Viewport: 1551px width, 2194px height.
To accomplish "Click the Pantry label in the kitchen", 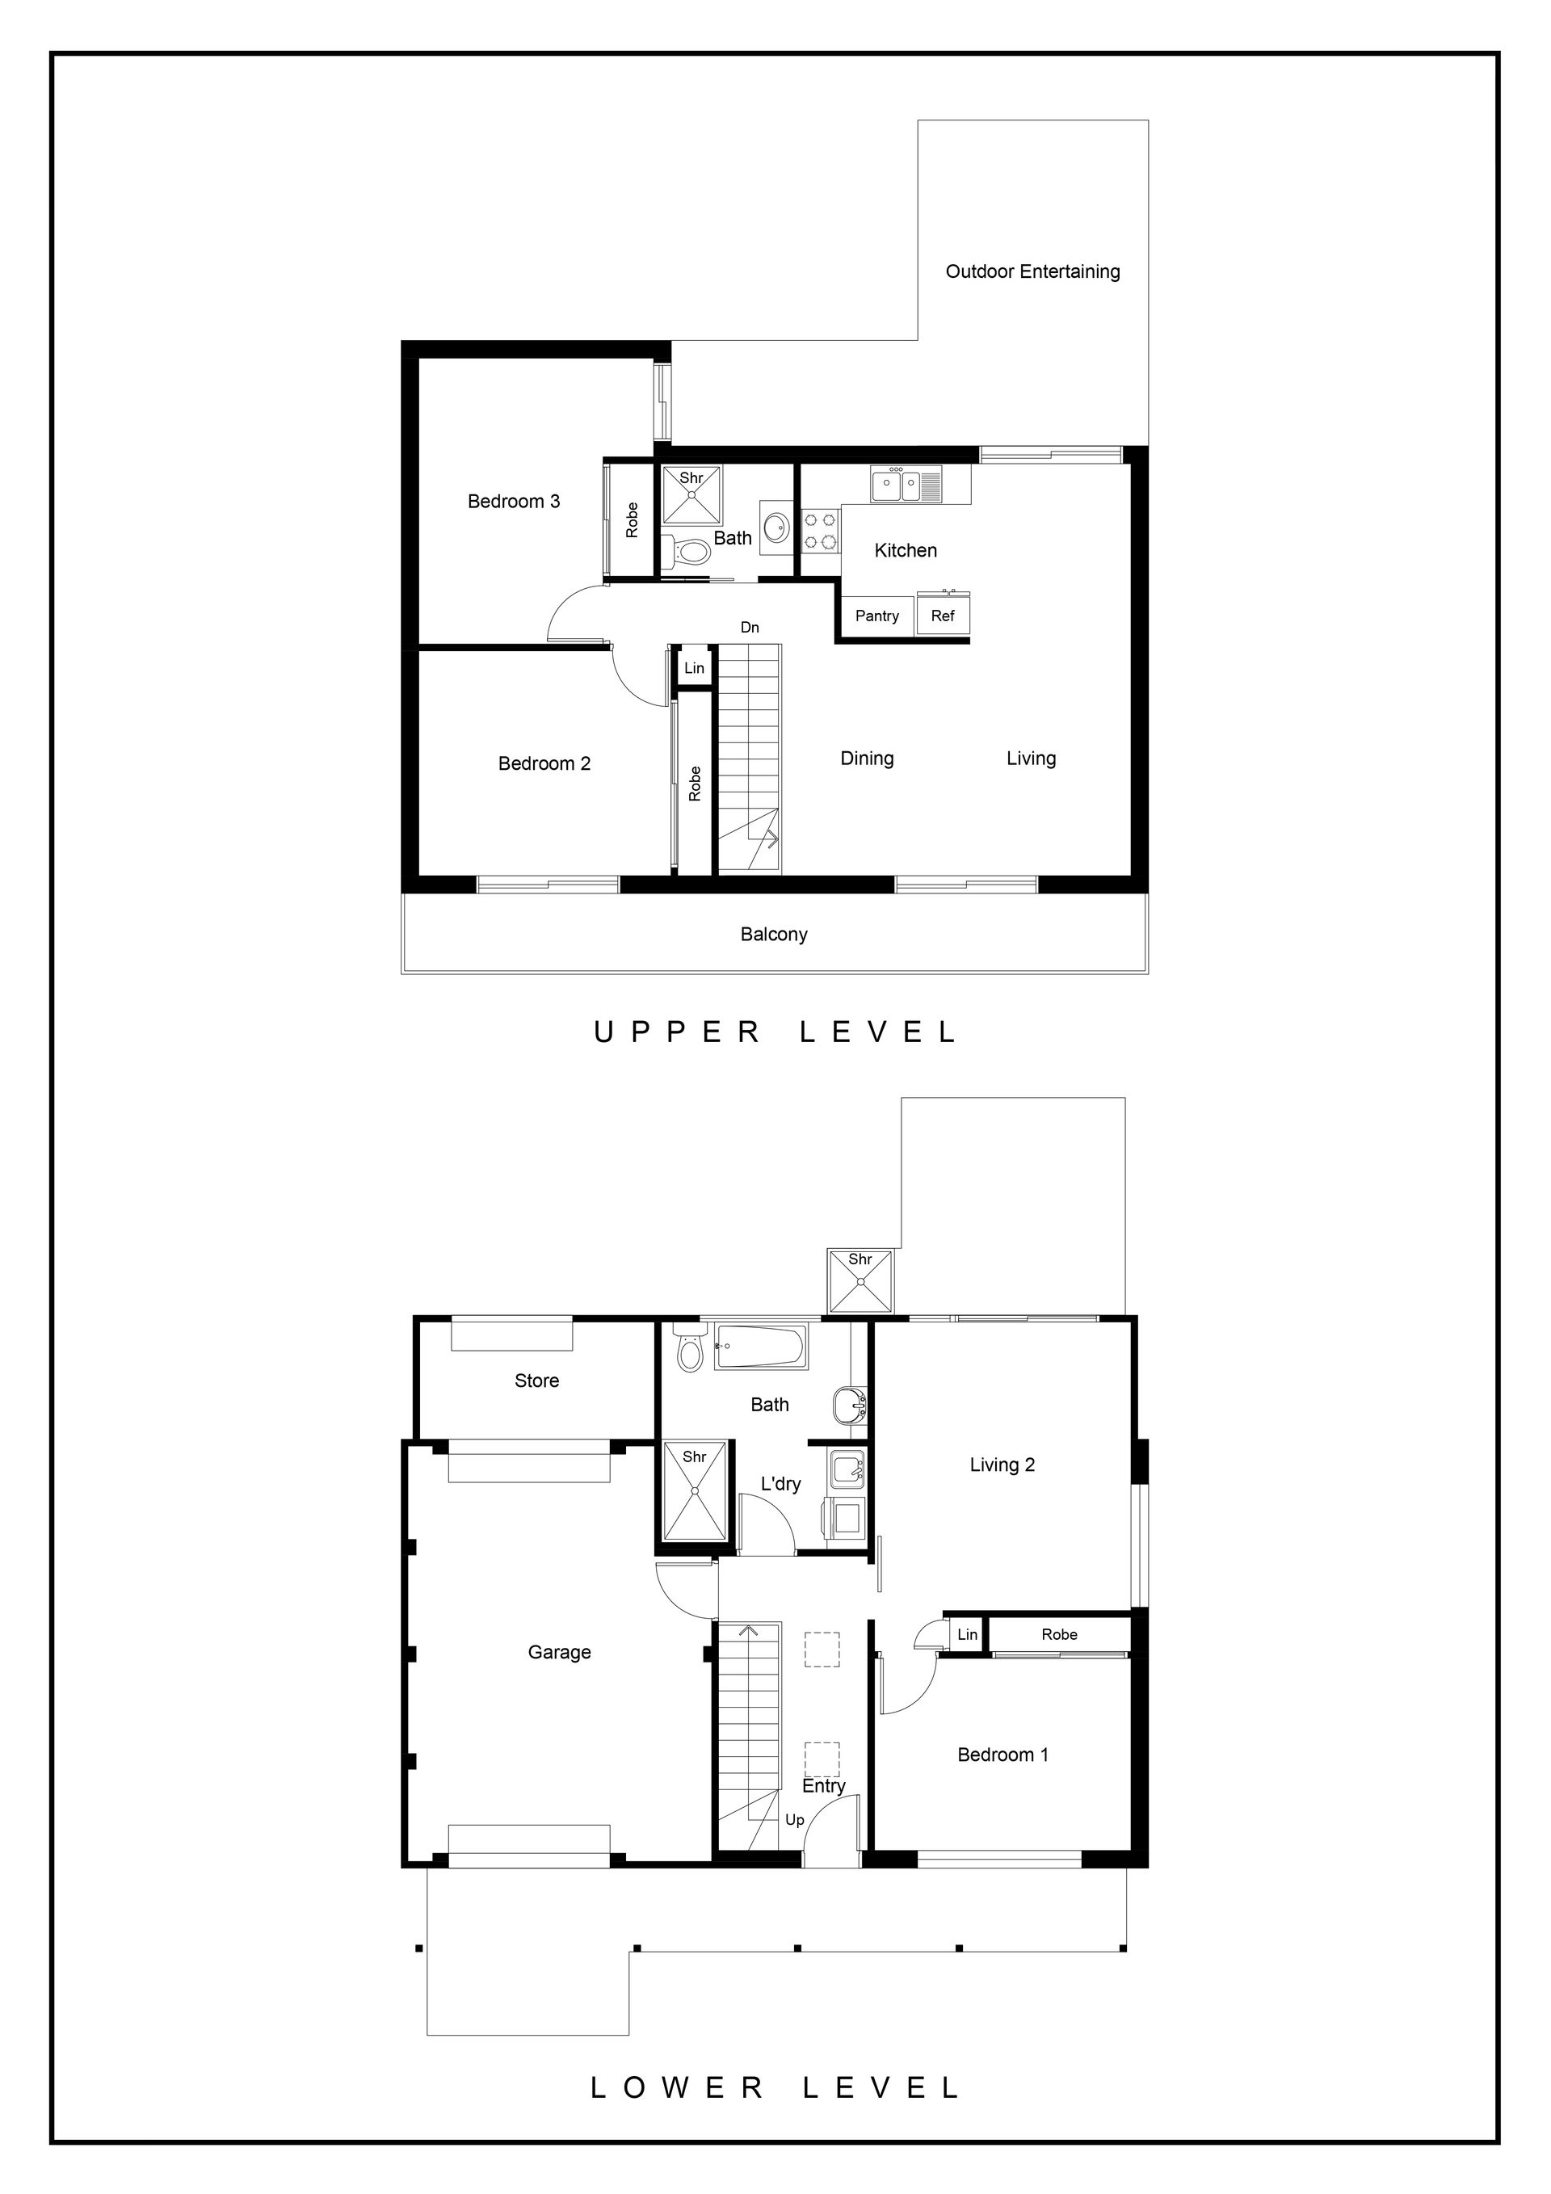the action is (876, 616).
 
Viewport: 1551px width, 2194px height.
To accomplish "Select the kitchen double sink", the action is (905, 485).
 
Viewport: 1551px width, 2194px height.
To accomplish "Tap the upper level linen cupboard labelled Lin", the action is (694, 668).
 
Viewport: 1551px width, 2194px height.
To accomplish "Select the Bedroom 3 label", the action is (513, 502).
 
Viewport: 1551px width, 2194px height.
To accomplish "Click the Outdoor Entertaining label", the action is (1033, 271).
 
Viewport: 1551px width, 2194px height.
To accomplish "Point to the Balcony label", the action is (774, 935).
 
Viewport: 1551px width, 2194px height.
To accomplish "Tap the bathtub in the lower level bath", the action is (761, 1347).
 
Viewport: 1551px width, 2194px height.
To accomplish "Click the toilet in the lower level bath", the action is (688, 1347).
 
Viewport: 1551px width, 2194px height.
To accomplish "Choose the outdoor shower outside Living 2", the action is (860, 1281).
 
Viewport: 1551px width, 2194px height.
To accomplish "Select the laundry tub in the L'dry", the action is (847, 1468).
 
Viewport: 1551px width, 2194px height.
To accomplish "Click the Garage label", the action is (559, 1652).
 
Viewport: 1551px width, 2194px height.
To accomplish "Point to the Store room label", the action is (536, 1381).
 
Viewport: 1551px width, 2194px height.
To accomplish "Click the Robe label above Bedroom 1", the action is (1059, 1635).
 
